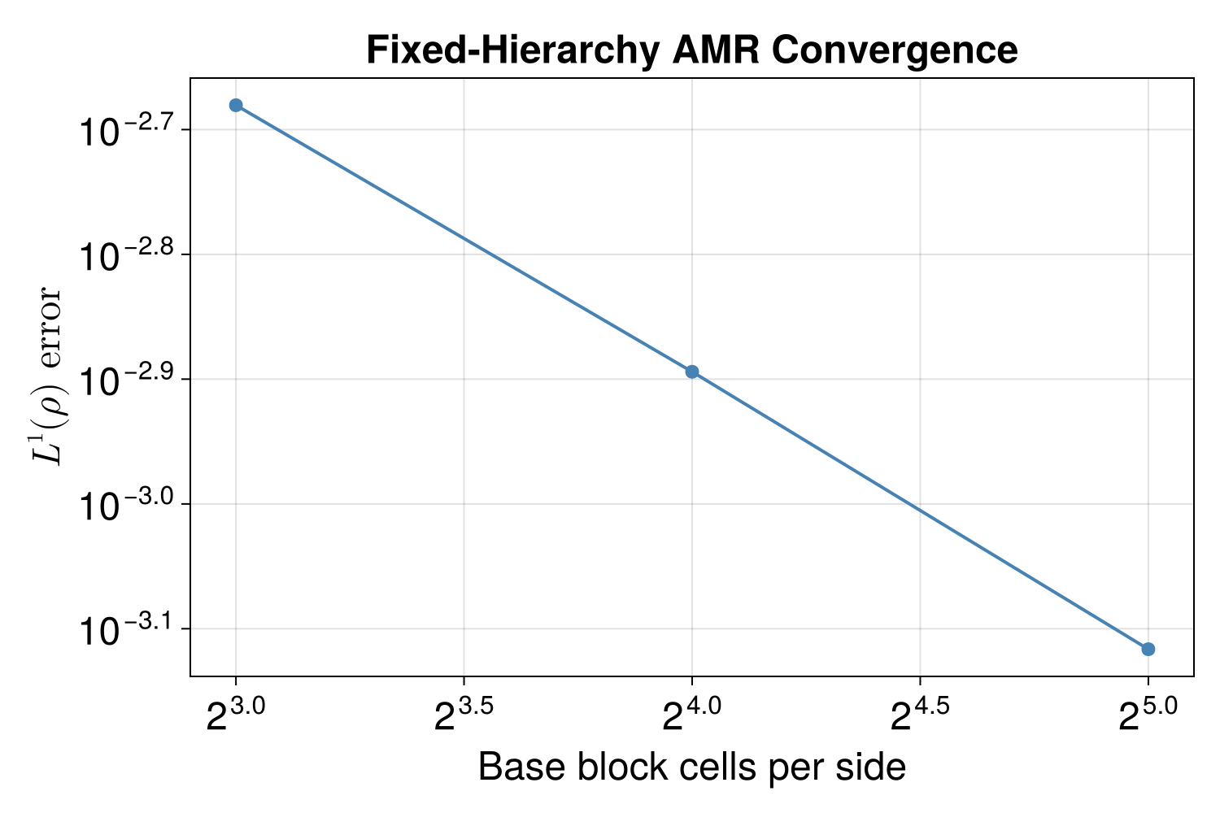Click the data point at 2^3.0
236,105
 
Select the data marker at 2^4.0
692,372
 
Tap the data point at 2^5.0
1148,649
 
